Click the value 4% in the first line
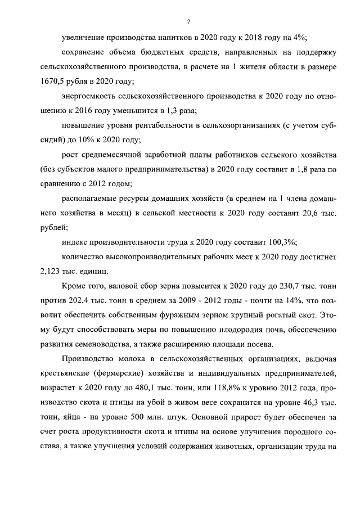click(x=298, y=37)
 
